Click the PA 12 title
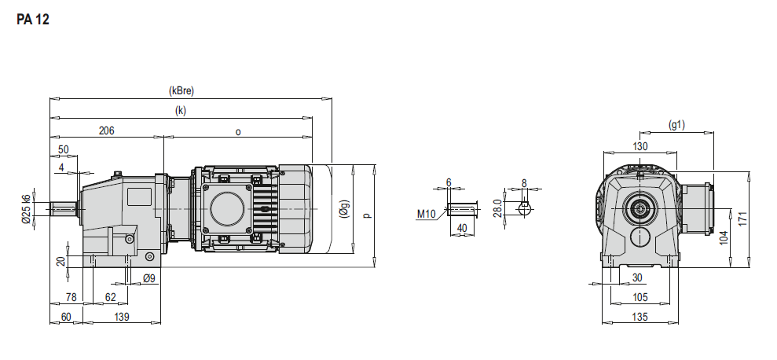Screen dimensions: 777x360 33,20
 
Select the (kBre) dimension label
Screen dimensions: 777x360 181,90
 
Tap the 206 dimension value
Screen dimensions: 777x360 107,130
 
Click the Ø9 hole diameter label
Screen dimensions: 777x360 148,279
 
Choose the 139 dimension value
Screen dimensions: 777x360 122,317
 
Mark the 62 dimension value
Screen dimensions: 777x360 110,297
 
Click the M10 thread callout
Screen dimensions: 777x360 426,215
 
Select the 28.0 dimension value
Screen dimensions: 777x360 509,208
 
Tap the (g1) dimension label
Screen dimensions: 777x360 676,125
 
